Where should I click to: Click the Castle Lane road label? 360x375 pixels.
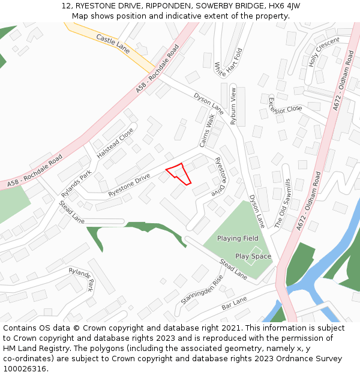[x=113, y=44]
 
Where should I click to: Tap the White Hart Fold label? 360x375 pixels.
[x=229, y=62]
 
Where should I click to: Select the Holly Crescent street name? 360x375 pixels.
[x=324, y=52]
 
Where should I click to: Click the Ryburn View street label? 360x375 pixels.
[x=234, y=105]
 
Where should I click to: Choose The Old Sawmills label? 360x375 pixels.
[x=282, y=203]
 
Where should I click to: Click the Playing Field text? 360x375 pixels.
[x=238, y=239]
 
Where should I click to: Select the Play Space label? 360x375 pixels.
[x=253, y=256]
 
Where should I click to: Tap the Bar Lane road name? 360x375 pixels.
[x=235, y=302]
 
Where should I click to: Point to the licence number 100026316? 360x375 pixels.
[x=24, y=369]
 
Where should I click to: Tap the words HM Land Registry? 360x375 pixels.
[x=31, y=349]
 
